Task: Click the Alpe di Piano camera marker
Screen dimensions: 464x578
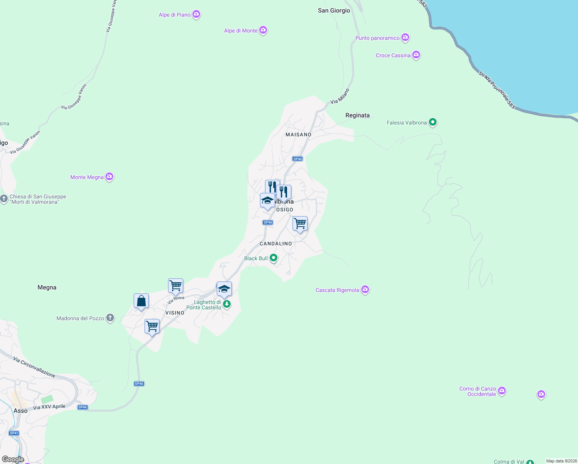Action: tap(196, 14)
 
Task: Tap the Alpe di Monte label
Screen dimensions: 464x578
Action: tap(241, 31)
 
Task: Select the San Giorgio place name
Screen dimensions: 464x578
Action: tap(334, 10)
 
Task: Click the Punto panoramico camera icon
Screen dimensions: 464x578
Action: tap(405, 37)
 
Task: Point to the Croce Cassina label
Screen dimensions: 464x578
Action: tap(393, 55)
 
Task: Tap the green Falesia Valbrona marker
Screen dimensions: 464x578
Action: tap(433, 122)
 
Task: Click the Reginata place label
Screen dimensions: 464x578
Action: tap(357, 115)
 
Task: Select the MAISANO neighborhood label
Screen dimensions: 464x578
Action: tap(298, 135)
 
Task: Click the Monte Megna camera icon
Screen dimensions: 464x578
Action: tap(109, 177)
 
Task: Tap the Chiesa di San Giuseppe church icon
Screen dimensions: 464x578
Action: tap(4, 199)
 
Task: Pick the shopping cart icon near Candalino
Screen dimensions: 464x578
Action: tap(300, 223)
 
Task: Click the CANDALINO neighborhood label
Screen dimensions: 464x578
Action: tap(276, 244)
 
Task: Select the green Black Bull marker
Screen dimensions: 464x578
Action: tap(274, 258)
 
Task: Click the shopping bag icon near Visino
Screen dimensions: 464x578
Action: tap(141, 301)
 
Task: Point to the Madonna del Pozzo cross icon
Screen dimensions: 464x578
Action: tap(110, 318)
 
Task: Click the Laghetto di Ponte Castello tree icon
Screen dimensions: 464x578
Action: tap(227, 304)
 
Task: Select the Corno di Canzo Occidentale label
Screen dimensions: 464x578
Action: tap(478, 391)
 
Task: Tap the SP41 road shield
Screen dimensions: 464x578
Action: tap(14, 433)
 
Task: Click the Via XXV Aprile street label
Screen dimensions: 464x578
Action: tap(49, 407)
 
